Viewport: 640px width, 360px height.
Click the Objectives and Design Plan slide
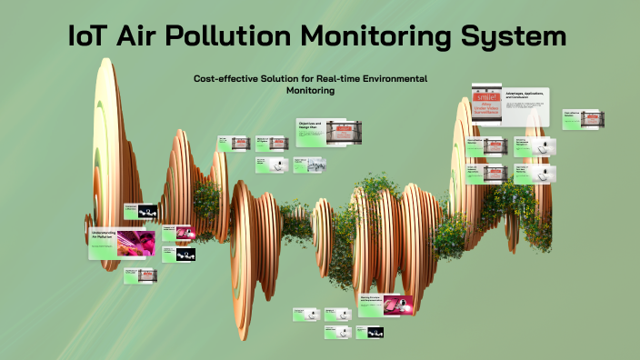(x=322, y=132)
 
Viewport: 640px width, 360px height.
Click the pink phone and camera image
(x=398, y=305)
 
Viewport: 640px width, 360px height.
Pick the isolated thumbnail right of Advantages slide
(x=584, y=119)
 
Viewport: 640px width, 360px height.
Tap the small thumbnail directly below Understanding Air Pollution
(x=141, y=275)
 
